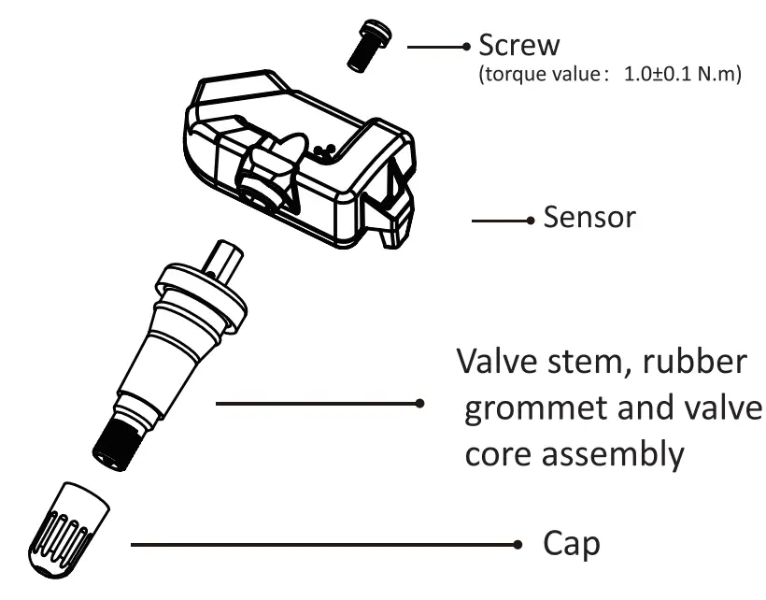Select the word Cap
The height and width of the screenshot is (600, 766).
coord(570,544)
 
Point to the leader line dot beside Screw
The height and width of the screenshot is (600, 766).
coord(467,46)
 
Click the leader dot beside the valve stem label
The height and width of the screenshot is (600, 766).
coord(421,405)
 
